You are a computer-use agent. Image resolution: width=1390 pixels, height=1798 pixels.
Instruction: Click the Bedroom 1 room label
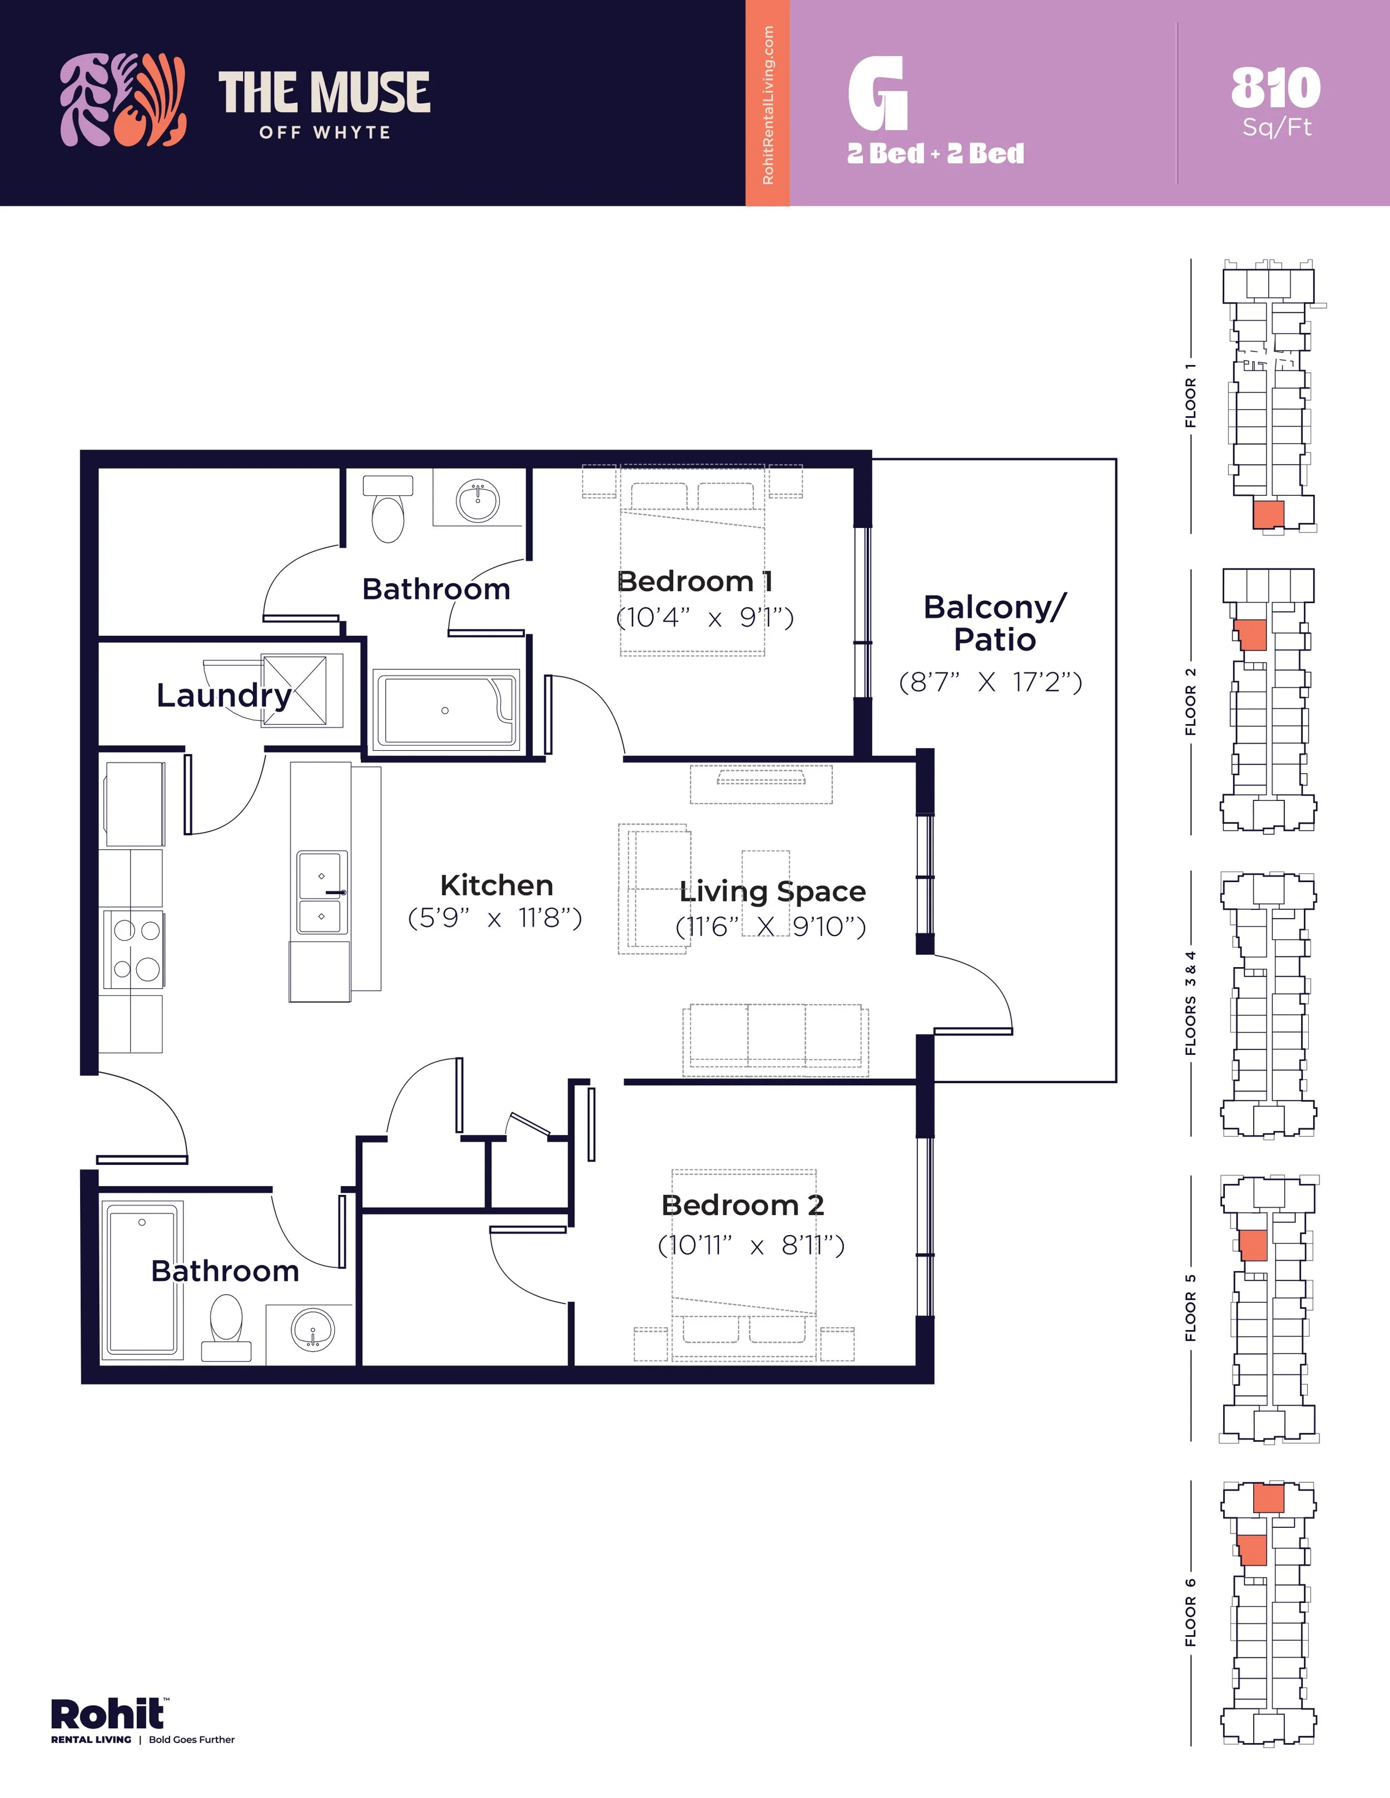[x=694, y=581]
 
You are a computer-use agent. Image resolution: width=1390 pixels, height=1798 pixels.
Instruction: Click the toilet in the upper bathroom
[x=388, y=510]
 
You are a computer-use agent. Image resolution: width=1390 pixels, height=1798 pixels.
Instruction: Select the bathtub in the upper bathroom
[x=445, y=710]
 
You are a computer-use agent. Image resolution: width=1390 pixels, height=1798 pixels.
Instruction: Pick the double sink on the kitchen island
[x=322, y=893]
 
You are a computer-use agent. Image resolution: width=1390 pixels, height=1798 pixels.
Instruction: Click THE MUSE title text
[x=324, y=92]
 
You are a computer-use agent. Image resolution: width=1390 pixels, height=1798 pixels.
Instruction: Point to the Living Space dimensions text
[x=770, y=927]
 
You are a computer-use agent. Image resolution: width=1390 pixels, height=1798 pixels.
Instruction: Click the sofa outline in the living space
[x=775, y=1039]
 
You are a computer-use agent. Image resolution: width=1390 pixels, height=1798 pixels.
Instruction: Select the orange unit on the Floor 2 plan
[x=1252, y=635]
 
